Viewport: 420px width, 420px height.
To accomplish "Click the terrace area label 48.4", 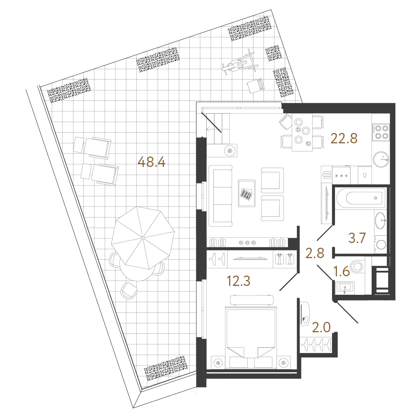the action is tap(151, 162).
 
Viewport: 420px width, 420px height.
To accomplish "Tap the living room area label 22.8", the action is tap(344, 138).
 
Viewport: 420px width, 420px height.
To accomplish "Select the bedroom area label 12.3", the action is tap(238, 281).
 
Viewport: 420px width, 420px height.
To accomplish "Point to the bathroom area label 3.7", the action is tap(357, 238).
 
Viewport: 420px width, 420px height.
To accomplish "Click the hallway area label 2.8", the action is tap(315, 253).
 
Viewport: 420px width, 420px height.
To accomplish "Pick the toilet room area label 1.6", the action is tap(342, 271).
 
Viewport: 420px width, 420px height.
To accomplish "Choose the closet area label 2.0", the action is tap(321, 327).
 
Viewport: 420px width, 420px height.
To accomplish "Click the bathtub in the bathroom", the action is tap(361, 198).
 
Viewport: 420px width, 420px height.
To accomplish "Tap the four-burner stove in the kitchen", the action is tap(381, 132).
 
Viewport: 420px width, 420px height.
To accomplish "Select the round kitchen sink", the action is tap(381, 160).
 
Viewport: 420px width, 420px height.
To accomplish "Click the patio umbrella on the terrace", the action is tap(143, 238).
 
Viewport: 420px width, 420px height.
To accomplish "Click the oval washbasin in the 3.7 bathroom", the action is tap(380, 221).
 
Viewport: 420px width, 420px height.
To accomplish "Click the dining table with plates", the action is tap(302, 133).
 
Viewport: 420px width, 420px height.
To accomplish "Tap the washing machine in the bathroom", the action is tap(380, 244).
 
